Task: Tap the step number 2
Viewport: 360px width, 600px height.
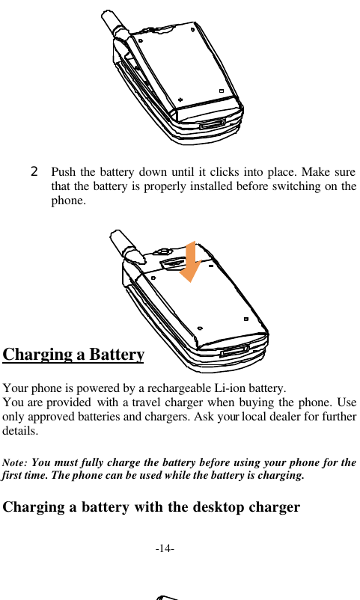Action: pos(34,171)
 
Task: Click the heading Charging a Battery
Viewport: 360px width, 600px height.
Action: pos(73,354)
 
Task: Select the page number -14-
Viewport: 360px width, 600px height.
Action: pos(165,550)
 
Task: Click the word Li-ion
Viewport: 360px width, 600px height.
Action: pos(234,389)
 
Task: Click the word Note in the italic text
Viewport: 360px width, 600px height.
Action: pos(16,463)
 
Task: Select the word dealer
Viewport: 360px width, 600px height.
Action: pos(281,417)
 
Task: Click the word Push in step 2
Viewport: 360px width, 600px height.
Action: pos(64,172)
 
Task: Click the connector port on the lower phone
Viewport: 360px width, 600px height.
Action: pos(235,350)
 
